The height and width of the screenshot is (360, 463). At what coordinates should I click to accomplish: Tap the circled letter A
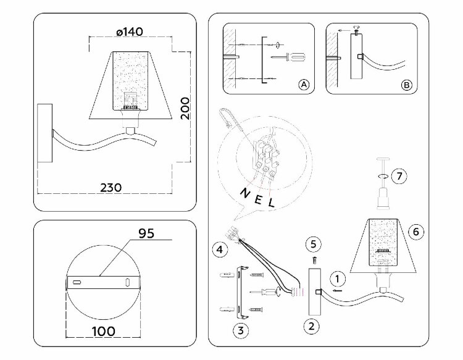click(302, 85)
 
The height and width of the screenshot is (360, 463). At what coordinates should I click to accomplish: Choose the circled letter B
click(406, 85)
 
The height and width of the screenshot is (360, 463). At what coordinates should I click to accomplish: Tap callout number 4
click(219, 249)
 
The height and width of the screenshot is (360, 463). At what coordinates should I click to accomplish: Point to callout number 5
click(313, 243)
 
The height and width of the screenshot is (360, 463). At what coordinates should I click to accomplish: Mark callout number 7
click(400, 176)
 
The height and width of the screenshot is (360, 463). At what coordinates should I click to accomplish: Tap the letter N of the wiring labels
click(241, 193)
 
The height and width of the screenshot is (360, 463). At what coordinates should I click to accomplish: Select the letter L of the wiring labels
click(270, 203)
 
